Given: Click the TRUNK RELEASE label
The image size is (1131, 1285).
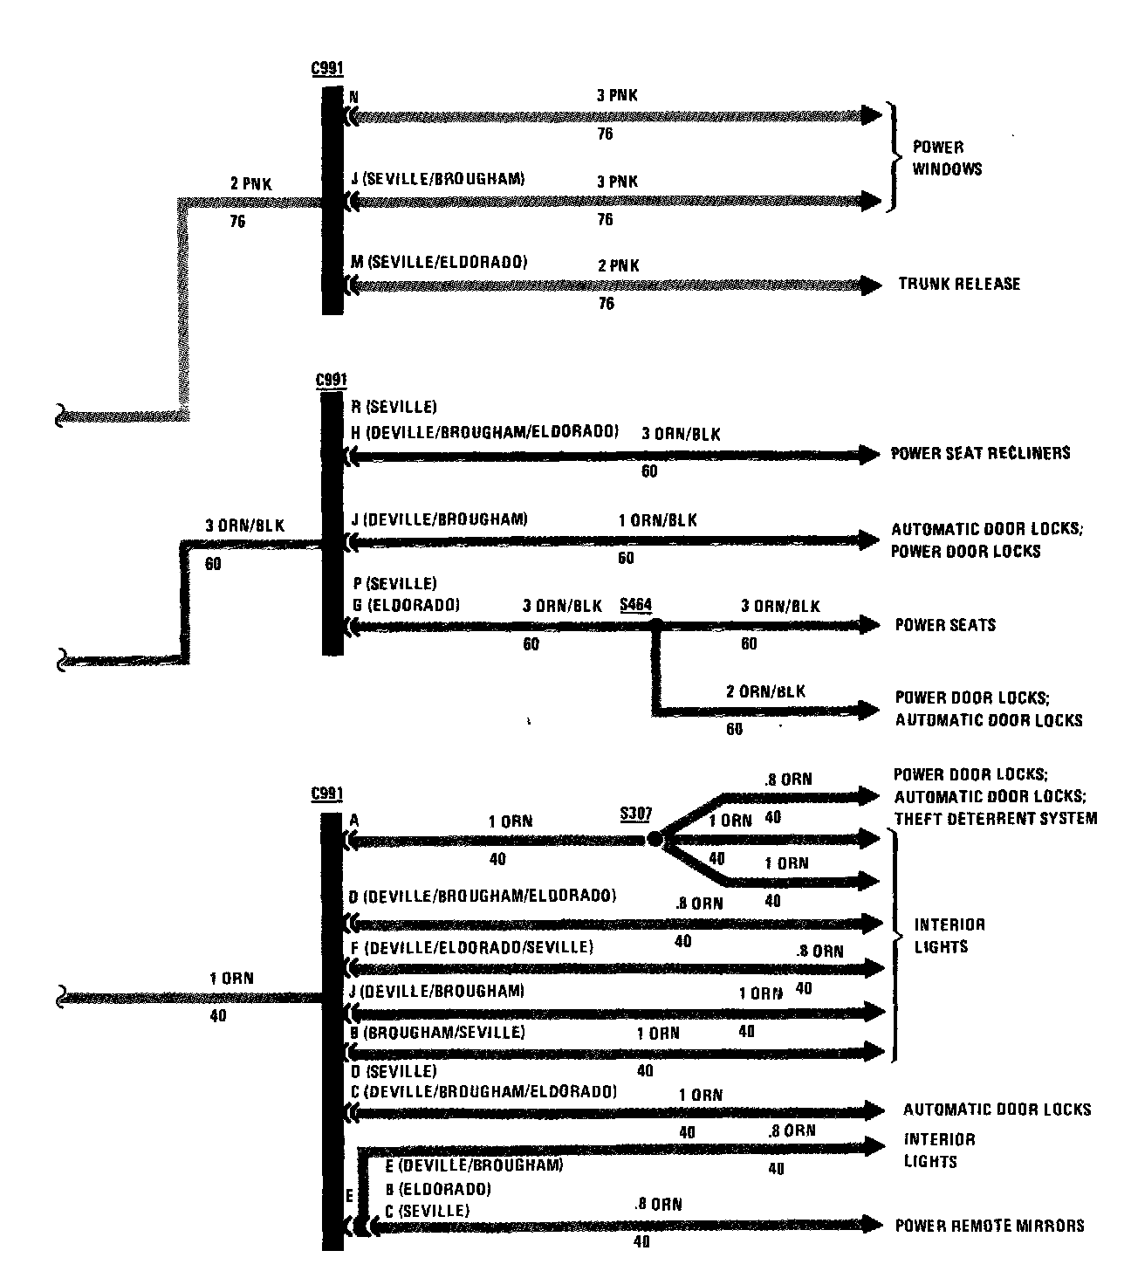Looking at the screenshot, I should pos(958,284).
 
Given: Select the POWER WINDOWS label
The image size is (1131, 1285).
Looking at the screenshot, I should pos(946,158).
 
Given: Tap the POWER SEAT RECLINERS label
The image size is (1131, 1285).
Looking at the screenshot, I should pos(980,453).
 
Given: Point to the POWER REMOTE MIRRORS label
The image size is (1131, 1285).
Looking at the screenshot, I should pos(990,1226).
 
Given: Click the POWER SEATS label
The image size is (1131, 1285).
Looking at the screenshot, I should pos(945,625).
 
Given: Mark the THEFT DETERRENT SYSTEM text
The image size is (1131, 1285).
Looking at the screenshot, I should pos(996,819).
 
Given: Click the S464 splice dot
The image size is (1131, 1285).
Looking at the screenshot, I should pos(656,625).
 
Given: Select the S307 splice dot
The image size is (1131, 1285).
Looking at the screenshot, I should pos(655,840).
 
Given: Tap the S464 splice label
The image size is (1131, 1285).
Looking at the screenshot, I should pos(635,605).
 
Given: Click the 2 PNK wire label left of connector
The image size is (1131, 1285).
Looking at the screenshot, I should pos(250,183).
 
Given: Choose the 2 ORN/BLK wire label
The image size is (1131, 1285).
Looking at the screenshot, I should pos(765,691).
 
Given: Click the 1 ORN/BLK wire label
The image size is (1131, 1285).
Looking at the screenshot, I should pos(657,520).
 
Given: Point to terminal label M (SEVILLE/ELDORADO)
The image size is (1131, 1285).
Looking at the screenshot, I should pos(438,261).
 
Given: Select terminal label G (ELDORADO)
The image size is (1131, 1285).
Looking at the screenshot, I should pos(405,604).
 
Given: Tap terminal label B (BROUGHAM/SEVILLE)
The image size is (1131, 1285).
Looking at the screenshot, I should pos(437,1032).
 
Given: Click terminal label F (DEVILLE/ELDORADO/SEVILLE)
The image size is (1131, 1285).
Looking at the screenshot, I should pos(471,947).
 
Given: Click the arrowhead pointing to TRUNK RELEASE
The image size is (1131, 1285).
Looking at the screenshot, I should pos(870,285).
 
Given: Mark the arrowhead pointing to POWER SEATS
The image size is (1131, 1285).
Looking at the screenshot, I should pos(869,625).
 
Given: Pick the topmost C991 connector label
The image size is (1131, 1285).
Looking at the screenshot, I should pos(326,69).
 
